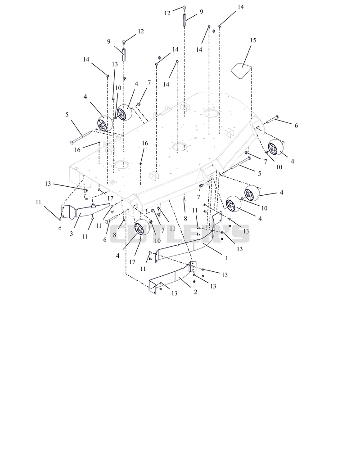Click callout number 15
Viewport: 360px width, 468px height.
(253, 40)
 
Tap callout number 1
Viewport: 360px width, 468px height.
(226, 258)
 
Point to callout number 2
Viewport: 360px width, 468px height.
(195, 292)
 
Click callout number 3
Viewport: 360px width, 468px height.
(71, 234)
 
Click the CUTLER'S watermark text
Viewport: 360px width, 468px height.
(180, 234)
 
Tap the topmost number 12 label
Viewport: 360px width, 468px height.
(167, 13)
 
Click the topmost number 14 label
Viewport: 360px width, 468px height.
(241, 7)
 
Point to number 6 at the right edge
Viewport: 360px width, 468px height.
(296, 126)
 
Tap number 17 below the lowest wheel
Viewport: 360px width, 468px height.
(132, 262)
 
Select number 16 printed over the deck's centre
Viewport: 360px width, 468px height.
(145, 143)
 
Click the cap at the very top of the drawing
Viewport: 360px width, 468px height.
(185, 8)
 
